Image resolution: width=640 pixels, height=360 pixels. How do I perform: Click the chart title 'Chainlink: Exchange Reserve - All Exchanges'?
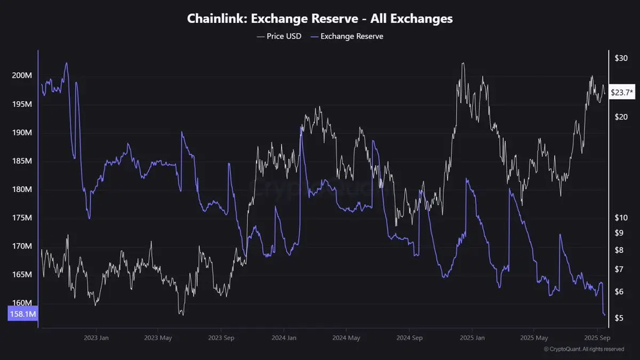[320, 19]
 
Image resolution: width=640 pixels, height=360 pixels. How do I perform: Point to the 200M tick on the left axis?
[22, 76]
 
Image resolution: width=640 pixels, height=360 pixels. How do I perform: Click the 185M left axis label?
[22, 161]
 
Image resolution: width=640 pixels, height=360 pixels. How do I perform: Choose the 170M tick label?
[22, 246]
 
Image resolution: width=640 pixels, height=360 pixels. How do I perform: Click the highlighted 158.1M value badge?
[22, 314]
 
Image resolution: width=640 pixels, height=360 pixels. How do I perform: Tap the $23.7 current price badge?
[621, 93]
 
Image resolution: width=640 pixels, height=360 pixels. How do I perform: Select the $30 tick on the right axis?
[621, 58]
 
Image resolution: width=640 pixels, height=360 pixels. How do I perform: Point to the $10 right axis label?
[621, 218]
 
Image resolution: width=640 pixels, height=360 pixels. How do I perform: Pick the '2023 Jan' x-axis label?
[97, 338]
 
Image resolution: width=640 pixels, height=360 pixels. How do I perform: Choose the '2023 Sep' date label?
[222, 338]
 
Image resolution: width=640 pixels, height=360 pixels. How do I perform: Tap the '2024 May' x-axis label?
[346, 338]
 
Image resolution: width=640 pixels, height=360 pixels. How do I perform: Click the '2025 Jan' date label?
[472, 338]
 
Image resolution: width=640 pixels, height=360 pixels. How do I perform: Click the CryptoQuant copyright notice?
[583, 349]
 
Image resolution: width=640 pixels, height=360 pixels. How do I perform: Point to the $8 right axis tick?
[618, 250]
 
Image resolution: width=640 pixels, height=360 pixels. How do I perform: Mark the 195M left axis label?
[22, 104]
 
